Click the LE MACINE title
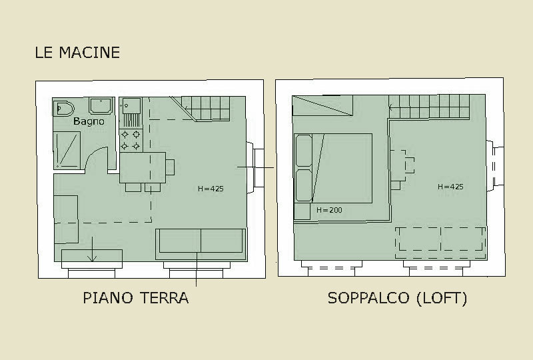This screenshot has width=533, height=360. [x=77, y=53]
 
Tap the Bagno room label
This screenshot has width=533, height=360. [x=89, y=121]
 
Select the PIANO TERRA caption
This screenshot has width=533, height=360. [x=136, y=298]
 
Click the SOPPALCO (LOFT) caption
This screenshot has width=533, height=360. [x=397, y=298]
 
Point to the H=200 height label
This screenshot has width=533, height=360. [x=329, y=210]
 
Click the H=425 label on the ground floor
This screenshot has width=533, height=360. [x=211, y=189]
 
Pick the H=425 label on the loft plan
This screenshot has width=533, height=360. [x=450, y=187]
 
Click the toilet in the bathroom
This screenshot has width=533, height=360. [x=63, y=109]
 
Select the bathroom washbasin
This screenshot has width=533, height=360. [x=101, y=105]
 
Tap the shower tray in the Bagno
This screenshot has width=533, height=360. [x=67, y=150]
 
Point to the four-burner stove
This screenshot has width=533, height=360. [x=131, y=140]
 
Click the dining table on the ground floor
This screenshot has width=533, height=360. [x=143, y=167]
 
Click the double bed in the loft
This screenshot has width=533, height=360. [x=334, y=169]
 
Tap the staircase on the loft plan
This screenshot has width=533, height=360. [x=429, y=107]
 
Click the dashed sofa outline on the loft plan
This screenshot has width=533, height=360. [x=441, y=243]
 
